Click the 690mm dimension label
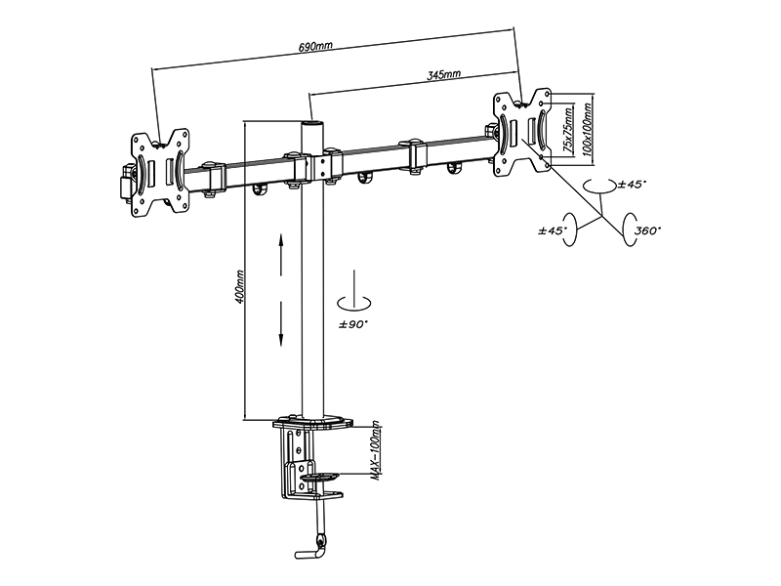coord(315,47)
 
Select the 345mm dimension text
coord(444,75)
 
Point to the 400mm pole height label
coord(238,287)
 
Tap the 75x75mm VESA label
coord(567,130)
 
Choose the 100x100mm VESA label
coord(589,129)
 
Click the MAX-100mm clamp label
coord(376,451)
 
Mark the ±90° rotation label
coord(353,324)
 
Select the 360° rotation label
coord(647,230)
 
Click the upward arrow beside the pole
coord(281,254)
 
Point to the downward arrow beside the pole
coord(281,324)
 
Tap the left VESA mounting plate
coord(159,174)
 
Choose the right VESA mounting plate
coord(522,132)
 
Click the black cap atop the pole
coord(311,123)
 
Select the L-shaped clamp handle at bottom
coord(309,552)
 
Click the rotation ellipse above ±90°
coord(353,303)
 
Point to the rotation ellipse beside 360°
coord(629,230)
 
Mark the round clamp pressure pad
coord(319,477)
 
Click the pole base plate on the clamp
coord(312,422)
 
